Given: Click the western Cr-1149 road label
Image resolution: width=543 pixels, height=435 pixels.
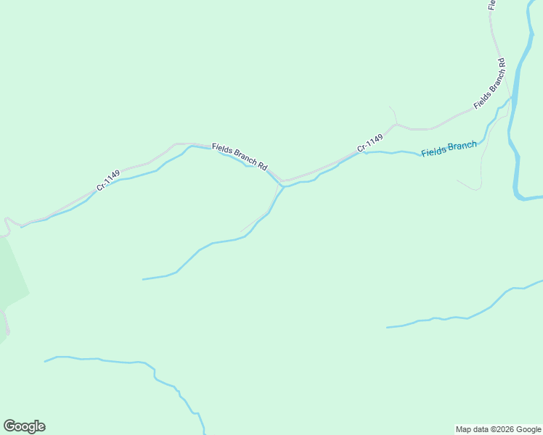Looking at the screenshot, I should (x=108, y=181).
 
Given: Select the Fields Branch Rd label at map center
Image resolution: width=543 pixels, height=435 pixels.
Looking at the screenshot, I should (x=240, y=156).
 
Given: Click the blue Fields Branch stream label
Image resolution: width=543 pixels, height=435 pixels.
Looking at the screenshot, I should (x=449, y=149).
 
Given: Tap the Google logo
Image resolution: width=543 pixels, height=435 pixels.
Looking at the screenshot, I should (x=24, y=426).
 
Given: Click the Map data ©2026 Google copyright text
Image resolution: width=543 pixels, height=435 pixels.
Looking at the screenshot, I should (x=498, y=429).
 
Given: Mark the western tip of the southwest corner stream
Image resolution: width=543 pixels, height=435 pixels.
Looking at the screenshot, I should (x=45, y=361).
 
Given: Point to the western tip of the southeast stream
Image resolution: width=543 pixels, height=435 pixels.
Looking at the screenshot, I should (x=387, y=328).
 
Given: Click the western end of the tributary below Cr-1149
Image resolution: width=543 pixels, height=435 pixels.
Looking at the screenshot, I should (x=144, y=279).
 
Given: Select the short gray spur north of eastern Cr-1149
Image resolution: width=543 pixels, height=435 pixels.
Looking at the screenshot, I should (x=393, y=114).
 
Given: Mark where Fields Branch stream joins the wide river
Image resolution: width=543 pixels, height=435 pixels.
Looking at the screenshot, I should (x=512, y=97).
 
